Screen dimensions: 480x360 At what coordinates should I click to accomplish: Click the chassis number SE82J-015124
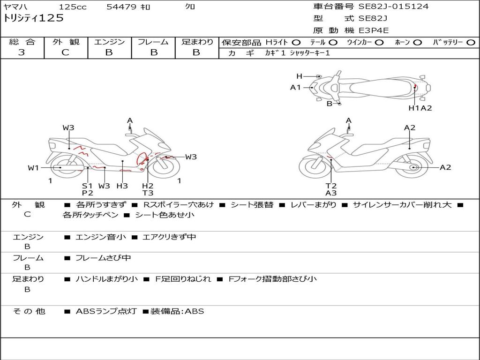coord(393,7)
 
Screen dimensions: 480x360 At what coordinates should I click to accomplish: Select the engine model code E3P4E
coord(374,30)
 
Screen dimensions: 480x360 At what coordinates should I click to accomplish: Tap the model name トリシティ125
coord(33,18)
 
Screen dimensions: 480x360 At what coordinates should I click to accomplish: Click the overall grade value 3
coord(22,52)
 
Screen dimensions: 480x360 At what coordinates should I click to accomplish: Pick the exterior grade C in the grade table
coord(65,52)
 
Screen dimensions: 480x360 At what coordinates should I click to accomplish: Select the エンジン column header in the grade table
coord(109,42)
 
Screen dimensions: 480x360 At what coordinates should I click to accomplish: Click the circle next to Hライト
coord(297,43)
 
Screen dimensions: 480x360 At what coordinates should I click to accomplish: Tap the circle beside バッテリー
coord(471,43)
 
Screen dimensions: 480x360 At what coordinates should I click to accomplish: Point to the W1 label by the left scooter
coord(33,168)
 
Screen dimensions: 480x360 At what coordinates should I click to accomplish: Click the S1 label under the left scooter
coord(88,186)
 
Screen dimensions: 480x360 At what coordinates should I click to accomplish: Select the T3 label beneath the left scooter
coord(148,193)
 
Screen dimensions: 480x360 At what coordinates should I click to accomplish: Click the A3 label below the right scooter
coord(331,193)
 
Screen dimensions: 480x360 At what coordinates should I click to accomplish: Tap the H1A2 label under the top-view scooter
coord(420,108)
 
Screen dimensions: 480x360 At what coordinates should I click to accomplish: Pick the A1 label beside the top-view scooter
coord(295,87)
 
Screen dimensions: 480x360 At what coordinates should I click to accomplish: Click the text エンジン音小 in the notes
coord(101,237)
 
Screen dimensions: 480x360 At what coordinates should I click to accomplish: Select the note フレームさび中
coord(103,258)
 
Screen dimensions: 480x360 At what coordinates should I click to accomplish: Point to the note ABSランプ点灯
coord(106,311)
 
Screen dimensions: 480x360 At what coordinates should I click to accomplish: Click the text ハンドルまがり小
coord(107,279)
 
